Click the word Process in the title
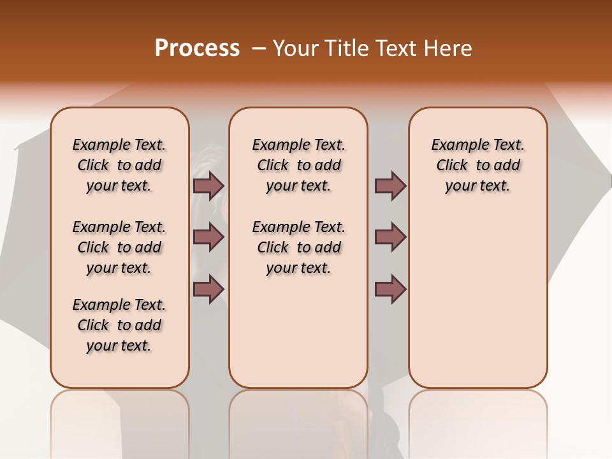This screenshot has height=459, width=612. tap(197, 48)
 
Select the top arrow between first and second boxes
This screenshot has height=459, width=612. tap(208, 186)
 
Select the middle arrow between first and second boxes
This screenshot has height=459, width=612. tap(208, 237)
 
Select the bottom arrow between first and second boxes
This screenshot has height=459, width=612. tap(208, 289)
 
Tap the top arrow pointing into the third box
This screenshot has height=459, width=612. tap(390, 186)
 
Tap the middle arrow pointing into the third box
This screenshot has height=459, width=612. tap(390, 237)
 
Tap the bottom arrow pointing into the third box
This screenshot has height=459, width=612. tap(390, 289)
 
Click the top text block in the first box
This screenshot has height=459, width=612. tap(119, 165)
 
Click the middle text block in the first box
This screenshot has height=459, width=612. tap(119, 247)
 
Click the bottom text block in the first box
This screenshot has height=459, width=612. tap(119, 325)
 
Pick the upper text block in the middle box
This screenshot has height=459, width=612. tap(298, 165)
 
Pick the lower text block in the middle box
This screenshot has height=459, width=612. tap(298, 247)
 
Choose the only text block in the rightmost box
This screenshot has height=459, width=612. tap(478, 165)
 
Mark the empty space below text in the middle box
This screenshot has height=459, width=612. tap(298, 331)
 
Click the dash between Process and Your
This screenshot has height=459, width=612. tap(258, 48)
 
